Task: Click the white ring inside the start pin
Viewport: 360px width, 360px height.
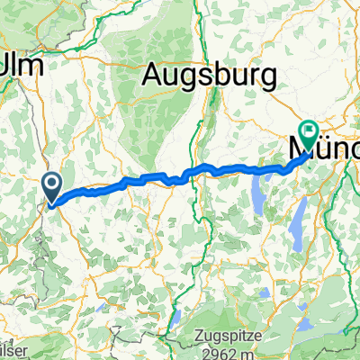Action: click(x=53, y=184)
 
